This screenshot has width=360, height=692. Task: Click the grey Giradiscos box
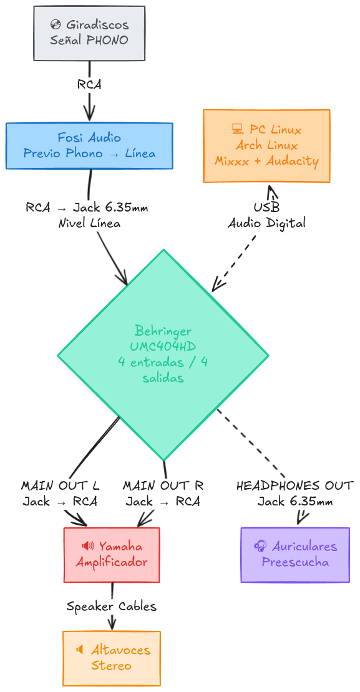click(89, 33)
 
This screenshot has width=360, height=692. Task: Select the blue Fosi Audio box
click(89, 145)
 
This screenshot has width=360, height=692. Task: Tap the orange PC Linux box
click(266, 145)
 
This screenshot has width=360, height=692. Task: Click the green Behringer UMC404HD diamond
click(163, 354)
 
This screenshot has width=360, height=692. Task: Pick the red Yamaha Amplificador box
click(112, 554)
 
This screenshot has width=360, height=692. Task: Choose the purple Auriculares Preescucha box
click(295, 554)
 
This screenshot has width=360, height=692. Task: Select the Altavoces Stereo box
click(112, 658)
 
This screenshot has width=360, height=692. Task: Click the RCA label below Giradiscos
click(89, 85)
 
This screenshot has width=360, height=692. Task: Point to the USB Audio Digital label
click(266, 215)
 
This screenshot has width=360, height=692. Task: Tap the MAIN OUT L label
click(61, 485)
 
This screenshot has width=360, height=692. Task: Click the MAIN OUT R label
click(163, 485)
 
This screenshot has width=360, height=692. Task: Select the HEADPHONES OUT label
click(295, 485)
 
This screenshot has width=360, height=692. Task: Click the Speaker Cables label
click(112, 606)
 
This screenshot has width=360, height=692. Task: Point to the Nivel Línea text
click(87, 223)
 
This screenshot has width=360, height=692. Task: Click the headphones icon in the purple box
click(260, 547)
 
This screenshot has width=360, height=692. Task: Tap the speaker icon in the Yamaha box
click(88, 547)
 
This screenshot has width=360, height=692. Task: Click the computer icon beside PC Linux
click(237, 130)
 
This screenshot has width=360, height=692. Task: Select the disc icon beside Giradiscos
click(56, 26)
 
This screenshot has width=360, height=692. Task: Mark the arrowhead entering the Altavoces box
click(112, 625)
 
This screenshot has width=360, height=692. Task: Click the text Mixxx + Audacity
click(266, 161)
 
